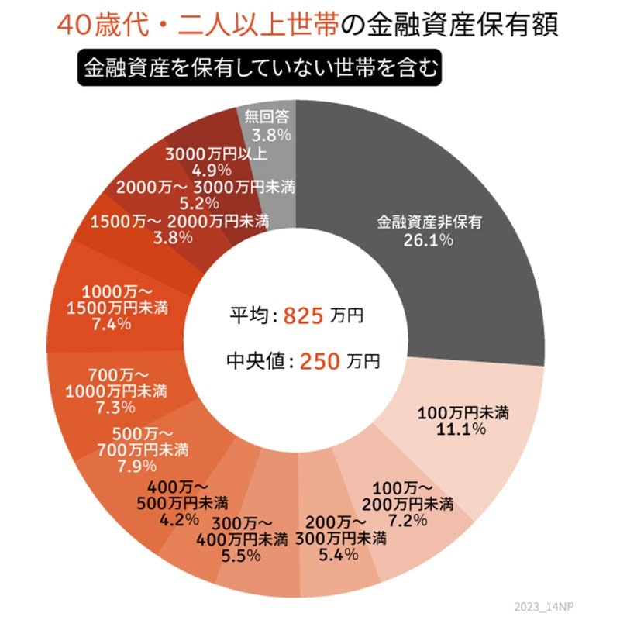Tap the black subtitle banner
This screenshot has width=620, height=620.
click(258, 67)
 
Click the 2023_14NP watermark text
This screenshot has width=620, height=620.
click(542, 605)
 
